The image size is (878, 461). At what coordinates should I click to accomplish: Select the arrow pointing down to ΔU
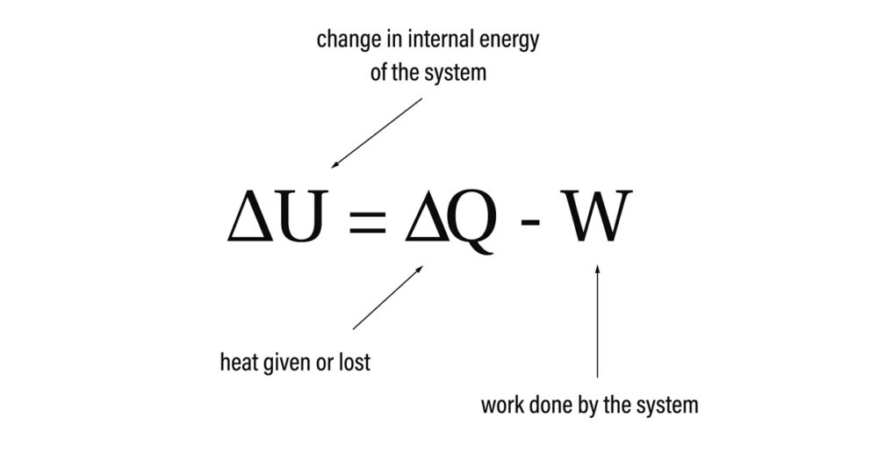376,133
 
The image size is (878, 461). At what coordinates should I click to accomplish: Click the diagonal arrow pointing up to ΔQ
387,298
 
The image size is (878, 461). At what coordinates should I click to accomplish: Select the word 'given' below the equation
284,363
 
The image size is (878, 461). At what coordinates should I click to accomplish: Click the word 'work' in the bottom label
501,406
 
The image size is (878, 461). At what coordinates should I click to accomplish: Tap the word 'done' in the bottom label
548,406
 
